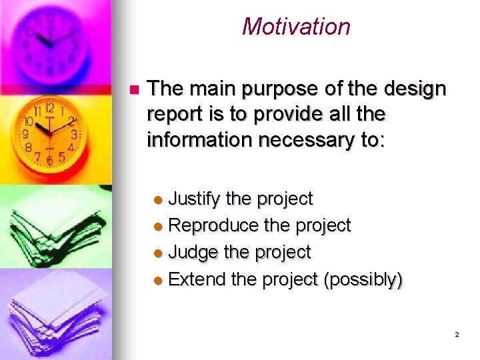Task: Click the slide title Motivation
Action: (x=296, y=27)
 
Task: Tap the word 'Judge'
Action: (x=194, y=253)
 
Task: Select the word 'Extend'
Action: (x=197, y=279)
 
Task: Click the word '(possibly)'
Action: (x=363, y=279)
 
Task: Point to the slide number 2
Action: (x=457, y=335)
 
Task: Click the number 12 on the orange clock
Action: (x=49, y=107)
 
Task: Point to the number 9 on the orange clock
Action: (x=25, y=134)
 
